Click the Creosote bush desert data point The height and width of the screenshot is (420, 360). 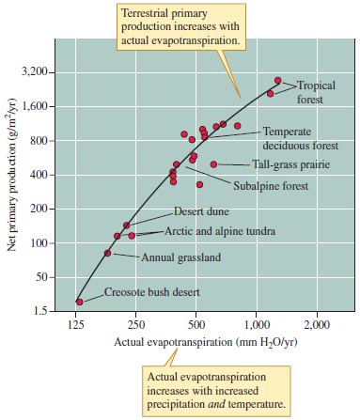(x=79, y=303)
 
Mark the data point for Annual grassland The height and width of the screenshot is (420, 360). (x=107, y=253)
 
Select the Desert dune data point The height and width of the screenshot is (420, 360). (x=126, y=226)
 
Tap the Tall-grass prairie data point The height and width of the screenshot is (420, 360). (x=213, y=164)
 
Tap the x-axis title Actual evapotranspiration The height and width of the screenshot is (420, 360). (x=196, y=341)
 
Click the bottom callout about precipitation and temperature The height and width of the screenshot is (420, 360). (x=217, y=390)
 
